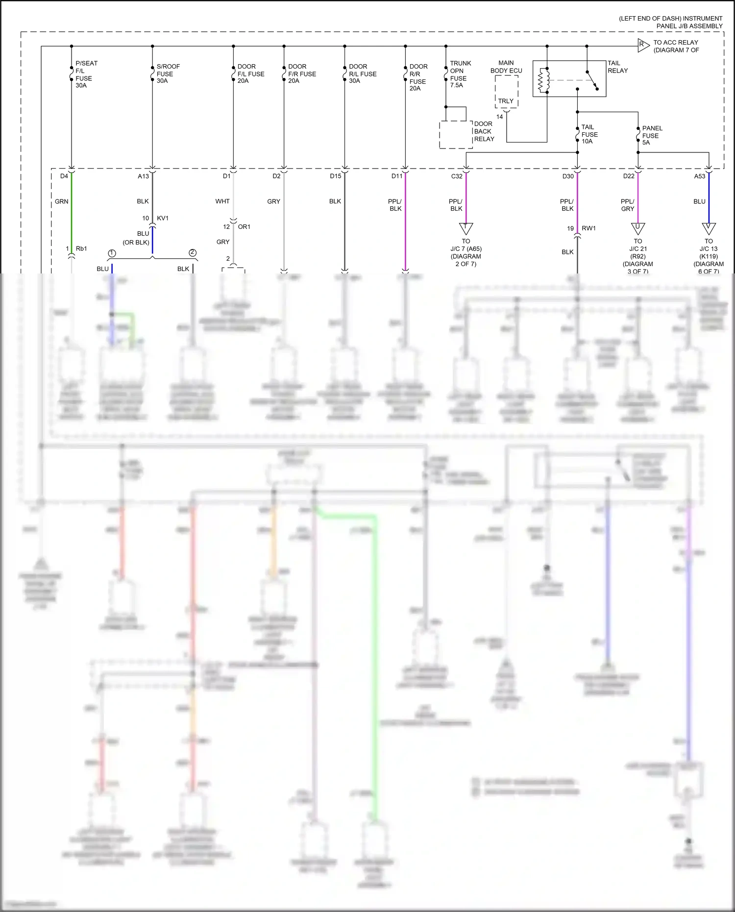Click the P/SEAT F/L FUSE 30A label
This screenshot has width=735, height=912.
pyautogui.click(x=86, y=74)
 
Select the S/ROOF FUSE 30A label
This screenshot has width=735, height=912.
pyautogui.click(x=168, y=74)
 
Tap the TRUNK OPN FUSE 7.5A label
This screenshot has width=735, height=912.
pyautogui.click(x=460, y=74)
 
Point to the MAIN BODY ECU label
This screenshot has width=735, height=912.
pyautogui.click(x=506, y=67)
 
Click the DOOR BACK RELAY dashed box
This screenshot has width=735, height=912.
pyautogui.click(x=456, y=135)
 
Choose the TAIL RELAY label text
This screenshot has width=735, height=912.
pyautogui.click(x=617, y=67)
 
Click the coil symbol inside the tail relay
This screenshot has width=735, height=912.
pyautogui.click(x=543, y=80)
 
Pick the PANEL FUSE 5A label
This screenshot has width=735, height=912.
pyautogui.click(x=652, y=135)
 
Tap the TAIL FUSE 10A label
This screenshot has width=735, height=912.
pyautogui.click(x=589, y=134)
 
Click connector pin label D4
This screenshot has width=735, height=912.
pyautogui.click(x=64, y=176)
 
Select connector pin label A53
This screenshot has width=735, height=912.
pyautogui.click(x=699, y=176)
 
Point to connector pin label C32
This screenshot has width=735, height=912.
pyautogui.click(x=457, y=176)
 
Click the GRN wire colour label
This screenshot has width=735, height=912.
pyautogui.click(x=62, y=201)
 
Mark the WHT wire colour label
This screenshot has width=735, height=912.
pyautogui.click(x=222, y=201)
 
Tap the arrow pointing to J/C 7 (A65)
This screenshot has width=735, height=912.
pyautogui.click(x=466, y=228)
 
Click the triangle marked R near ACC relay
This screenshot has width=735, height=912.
pyautogui.click(x=642, y=45)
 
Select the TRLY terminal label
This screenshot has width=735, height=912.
pyautogui.click(x=506, y=101)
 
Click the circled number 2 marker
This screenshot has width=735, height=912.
pyautogui.click(x=193, y=253)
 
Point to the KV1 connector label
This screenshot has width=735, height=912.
pyautogui.click(x=163, y=218)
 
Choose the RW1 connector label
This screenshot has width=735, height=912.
pyautogui.click(x=588, y=228)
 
